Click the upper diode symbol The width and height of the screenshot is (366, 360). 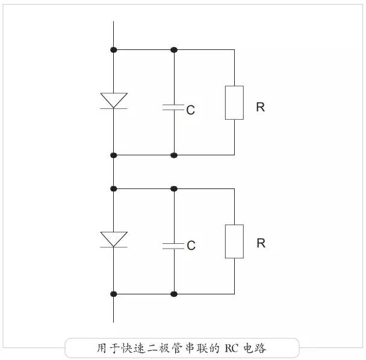tap(113, 101)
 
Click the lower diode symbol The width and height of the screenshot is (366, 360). tap(113, 239)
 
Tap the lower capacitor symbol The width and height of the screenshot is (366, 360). tap(173, 245)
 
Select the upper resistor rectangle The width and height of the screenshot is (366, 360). tap(234, 102)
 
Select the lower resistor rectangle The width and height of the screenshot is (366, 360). tap(234, 241)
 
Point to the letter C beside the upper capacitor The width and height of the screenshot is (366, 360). tap(190, 111)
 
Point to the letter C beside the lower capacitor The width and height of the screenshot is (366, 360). tap(191, 246)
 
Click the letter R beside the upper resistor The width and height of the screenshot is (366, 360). tap(260, 107)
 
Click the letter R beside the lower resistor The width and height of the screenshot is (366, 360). tap(261, 243)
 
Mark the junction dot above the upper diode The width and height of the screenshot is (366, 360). tap(113, 49)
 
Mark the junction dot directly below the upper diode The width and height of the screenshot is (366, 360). tap(113, 155)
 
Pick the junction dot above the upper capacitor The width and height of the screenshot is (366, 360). tap(174, 49)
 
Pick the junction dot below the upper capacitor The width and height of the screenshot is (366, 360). tap(174, 155)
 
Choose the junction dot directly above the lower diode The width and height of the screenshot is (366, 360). tap(113, 188)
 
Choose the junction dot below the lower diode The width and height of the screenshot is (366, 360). tap(113, 294)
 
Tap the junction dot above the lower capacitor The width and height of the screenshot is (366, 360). tap(174, 188)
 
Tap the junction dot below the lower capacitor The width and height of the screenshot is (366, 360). tap(174, 294)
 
